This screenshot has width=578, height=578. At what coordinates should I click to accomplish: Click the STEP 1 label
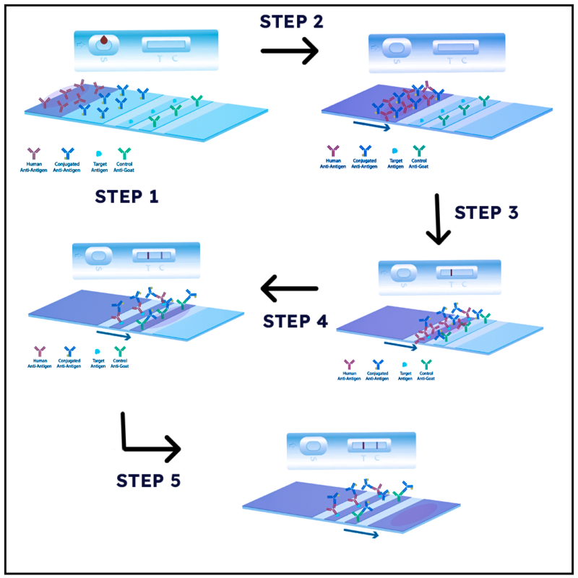point(126,196)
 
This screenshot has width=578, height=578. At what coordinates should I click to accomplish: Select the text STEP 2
point(291,21)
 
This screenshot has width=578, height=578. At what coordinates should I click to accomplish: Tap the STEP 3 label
point(486,212)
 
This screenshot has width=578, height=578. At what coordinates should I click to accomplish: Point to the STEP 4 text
point(295,320)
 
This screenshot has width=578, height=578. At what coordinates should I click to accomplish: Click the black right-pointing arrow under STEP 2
point(289,51)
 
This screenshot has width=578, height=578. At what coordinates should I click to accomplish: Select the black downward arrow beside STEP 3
point(438,219)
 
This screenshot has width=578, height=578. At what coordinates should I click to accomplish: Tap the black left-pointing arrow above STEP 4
point(289,289)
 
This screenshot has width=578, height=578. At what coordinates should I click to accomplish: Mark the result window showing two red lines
point(369,446)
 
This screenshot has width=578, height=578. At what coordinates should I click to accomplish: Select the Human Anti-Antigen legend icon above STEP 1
point(33,153)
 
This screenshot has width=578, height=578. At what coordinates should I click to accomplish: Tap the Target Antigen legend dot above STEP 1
point(98,154)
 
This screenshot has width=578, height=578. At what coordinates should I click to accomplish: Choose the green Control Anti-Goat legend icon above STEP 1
point(124,153)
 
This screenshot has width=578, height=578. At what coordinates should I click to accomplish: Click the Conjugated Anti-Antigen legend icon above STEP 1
point(67,153)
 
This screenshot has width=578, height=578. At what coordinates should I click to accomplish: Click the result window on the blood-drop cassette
point(167,46)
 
